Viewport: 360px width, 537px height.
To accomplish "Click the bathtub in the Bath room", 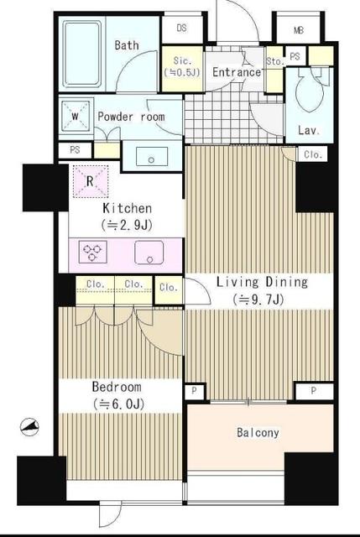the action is point(82,54).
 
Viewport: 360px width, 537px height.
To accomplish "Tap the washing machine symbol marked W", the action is point(76,116).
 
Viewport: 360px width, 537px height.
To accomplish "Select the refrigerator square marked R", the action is point(91,181).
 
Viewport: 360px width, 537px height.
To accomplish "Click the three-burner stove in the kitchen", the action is point(93,252).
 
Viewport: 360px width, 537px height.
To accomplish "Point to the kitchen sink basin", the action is point(149,253).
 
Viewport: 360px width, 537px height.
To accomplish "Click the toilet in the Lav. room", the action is point(310,90).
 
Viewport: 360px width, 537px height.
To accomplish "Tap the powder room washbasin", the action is point(152,157).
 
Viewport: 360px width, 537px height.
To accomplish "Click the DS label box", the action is point(182,28).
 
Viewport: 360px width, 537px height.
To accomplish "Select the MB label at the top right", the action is point(299,30).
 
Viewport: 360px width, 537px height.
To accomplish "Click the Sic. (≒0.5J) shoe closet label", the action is point(182,66).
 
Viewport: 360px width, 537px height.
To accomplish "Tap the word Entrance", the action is point(237,72).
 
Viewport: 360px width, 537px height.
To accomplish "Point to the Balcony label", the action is point(258,433).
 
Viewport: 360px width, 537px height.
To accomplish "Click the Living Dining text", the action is point(263,282).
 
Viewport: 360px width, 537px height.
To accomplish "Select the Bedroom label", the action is point(117,387).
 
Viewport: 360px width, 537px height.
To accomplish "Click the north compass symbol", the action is point(29,427).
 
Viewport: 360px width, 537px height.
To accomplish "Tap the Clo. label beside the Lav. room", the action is point(313,154).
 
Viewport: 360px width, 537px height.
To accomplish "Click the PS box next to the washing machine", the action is point(75,150).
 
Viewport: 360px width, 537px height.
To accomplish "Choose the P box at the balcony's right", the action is point(313,391).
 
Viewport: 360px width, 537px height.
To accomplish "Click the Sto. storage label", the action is point(275,61).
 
